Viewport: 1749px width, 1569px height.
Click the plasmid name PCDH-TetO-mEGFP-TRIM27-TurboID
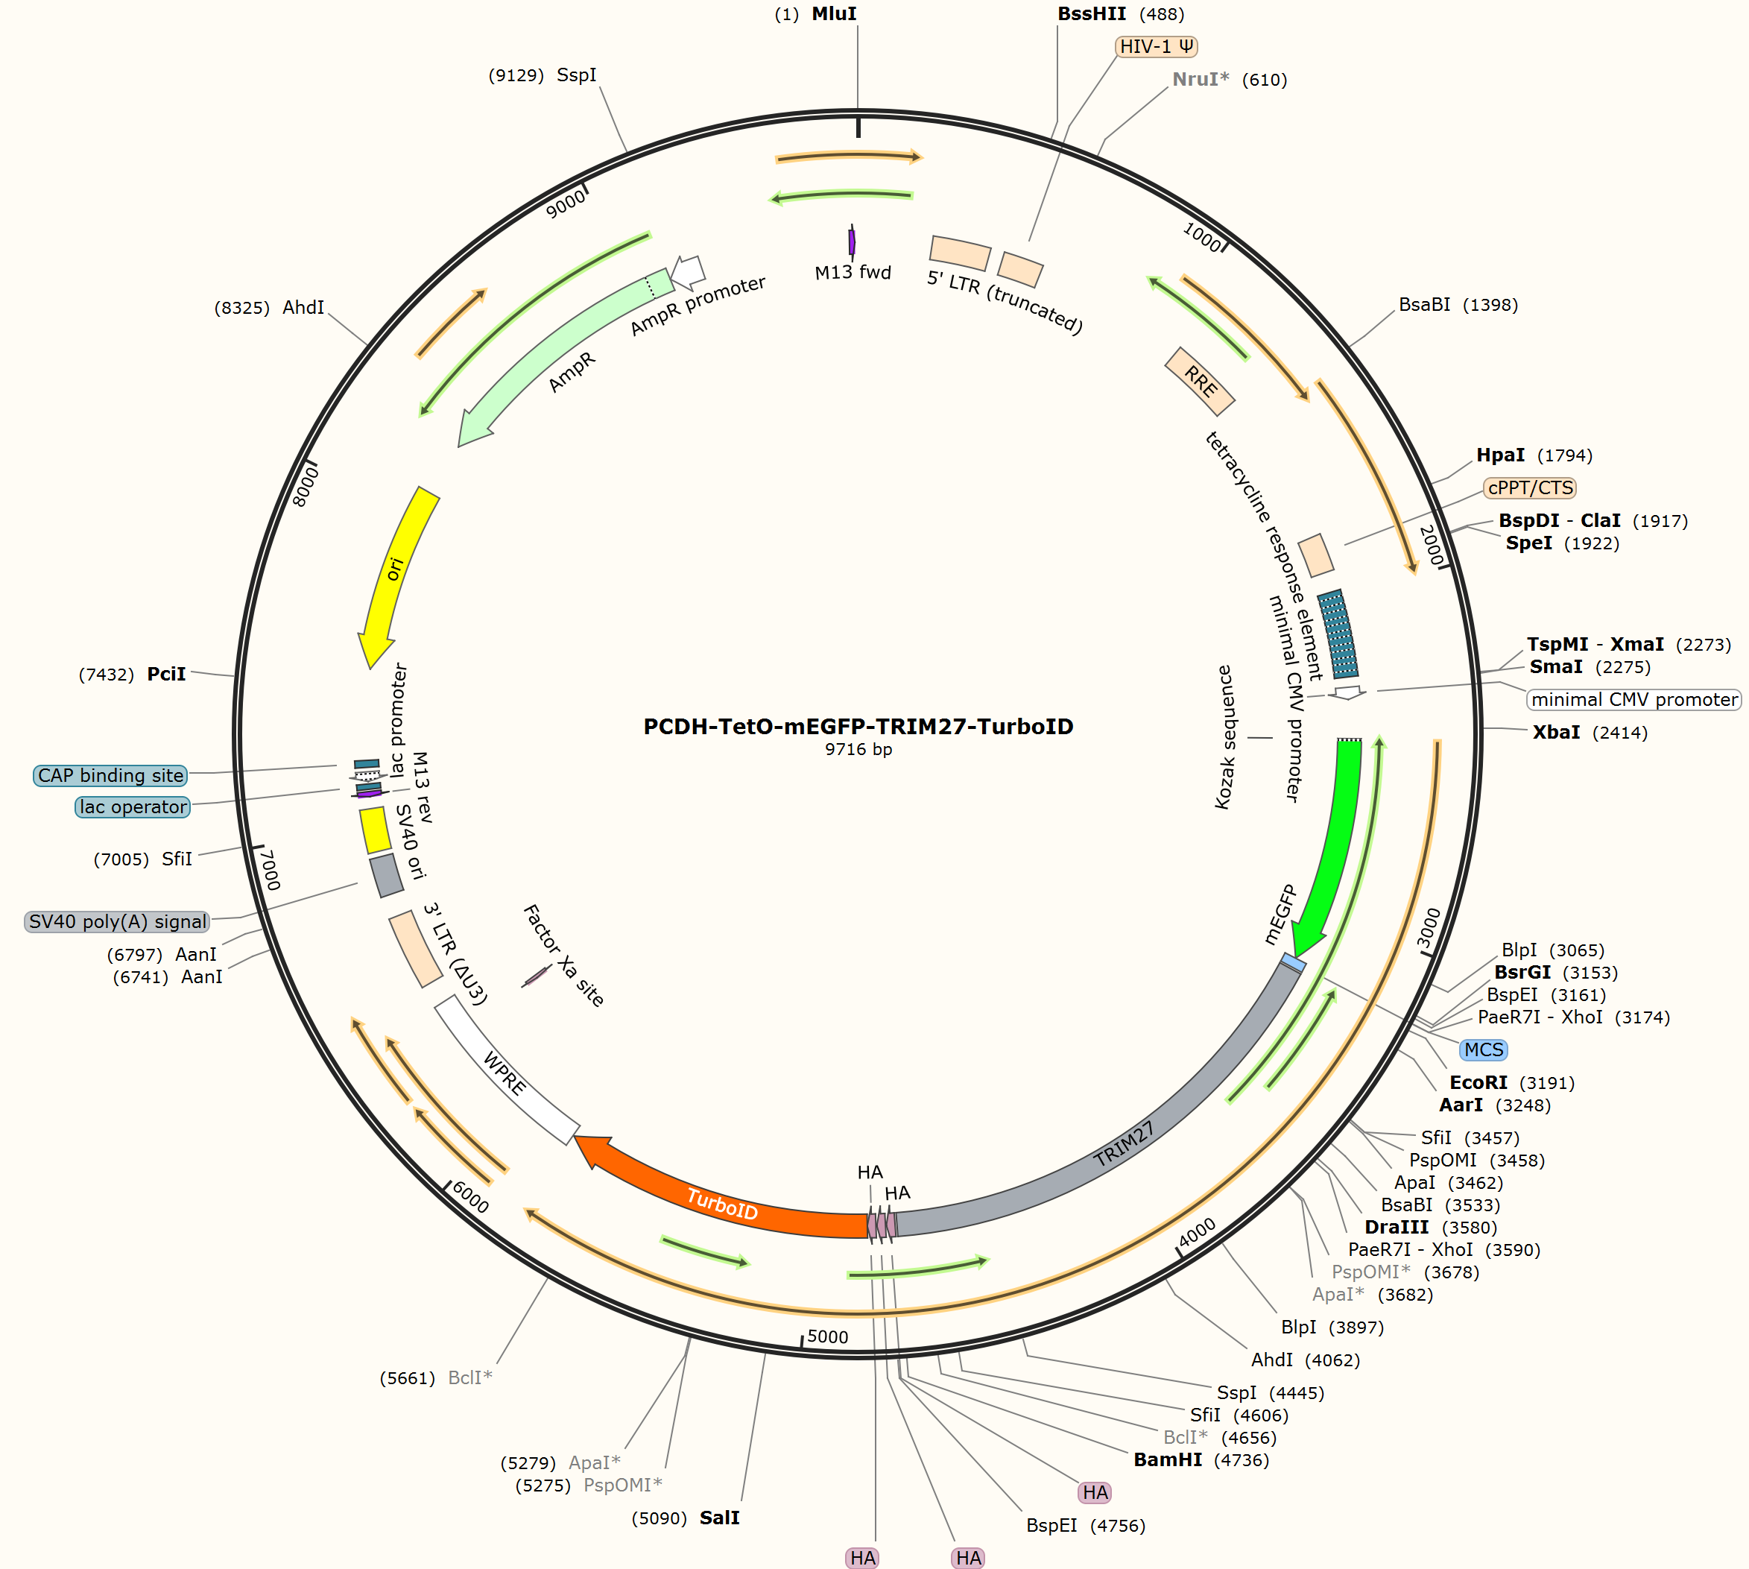(858, 726)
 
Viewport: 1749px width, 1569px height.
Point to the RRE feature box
(1199, 381)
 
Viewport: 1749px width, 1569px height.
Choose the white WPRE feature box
(506, 1070)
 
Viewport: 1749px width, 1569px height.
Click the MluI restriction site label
(834, 14)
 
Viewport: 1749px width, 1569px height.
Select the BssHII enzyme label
(1091, 14)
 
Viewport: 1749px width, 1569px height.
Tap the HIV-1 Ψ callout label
(1156, 46)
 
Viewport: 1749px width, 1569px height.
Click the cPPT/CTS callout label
(1530, 488)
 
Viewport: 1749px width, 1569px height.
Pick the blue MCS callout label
(1484, 1050)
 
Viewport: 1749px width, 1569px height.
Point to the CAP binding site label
(110, 775)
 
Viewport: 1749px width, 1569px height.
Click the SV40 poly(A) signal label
(117, 921)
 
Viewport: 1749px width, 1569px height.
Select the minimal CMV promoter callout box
(1634, 699)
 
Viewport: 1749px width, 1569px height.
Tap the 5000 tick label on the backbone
(827, 1336)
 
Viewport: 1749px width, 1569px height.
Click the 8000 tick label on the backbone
(306, 486)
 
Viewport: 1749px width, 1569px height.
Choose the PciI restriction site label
(166, 674)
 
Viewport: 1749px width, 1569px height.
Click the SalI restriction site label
(720, 1518)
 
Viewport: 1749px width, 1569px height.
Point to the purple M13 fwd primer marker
(852, 241)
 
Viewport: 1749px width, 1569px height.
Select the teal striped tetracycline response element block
(1338, 634)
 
